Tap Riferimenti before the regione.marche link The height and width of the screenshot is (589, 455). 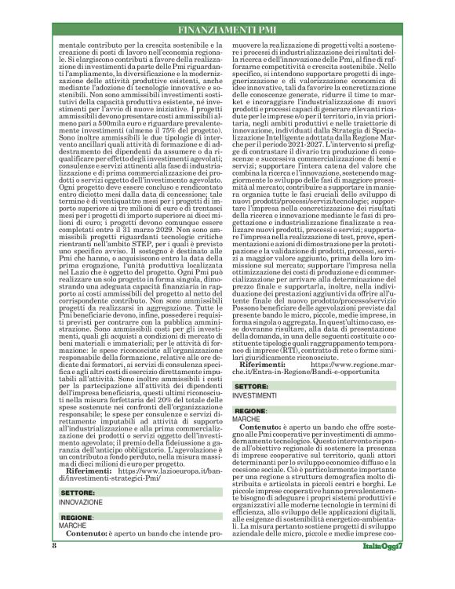(268, 365)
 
